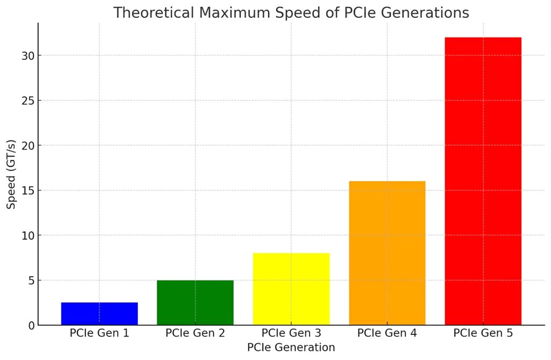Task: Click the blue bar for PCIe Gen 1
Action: tap(99, 314)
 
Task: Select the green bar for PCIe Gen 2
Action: tap(195, 302)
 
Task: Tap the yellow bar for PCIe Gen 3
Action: tap(291, 289)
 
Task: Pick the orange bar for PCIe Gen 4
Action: tap(387, 253)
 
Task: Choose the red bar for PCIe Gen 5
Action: tap(483, 181)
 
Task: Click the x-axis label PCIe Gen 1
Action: tap(99, 333)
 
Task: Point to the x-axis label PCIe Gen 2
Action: tap(195, 333)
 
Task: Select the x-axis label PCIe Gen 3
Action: tap(291, 333)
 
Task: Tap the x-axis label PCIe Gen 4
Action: tap(387, 333)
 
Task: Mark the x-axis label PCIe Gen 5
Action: tap(483, 333)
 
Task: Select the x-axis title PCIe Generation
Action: tap(291, 348)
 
